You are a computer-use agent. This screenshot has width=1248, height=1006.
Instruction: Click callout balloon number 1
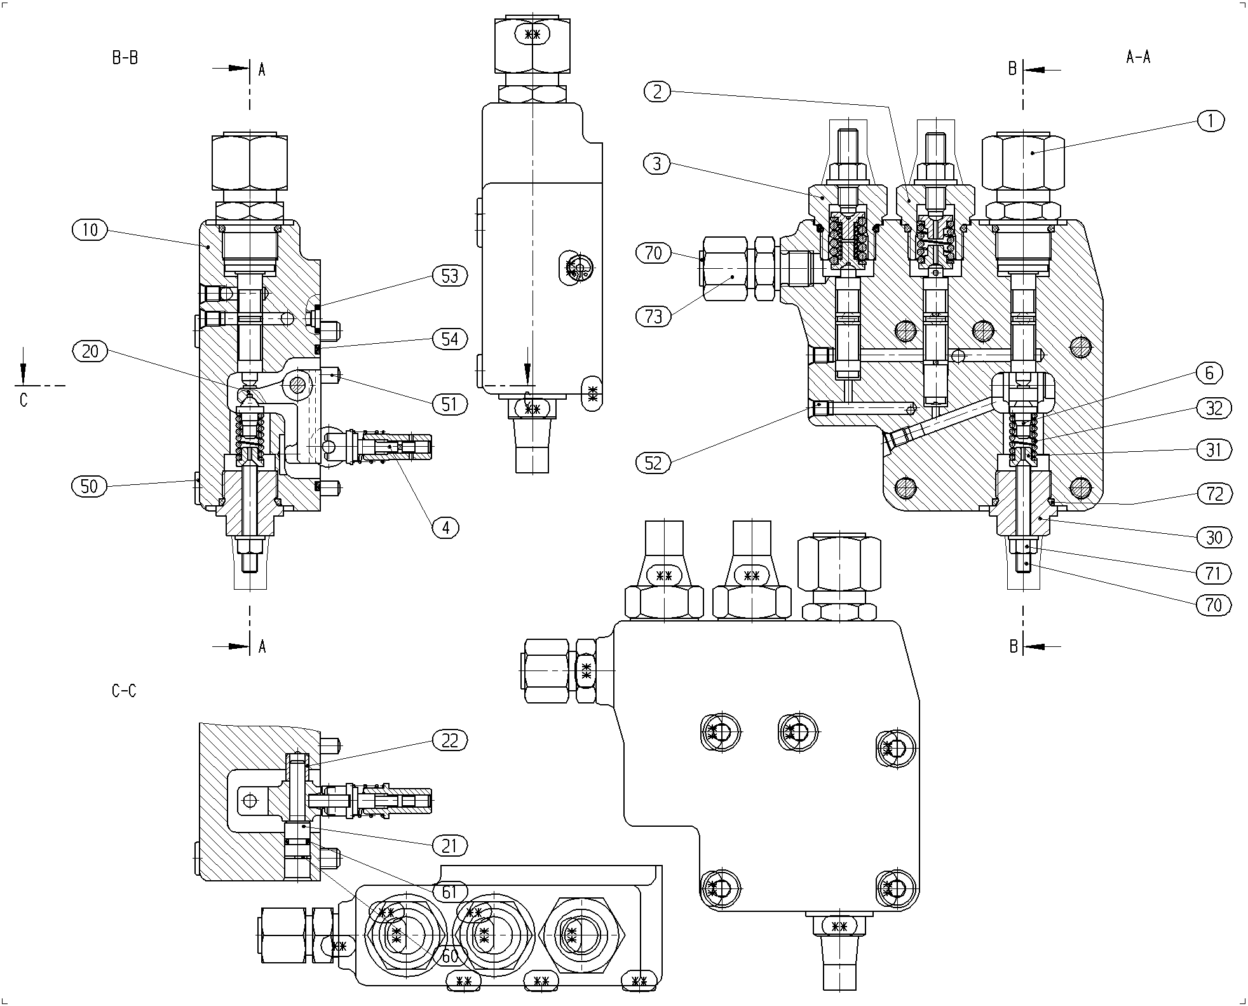(1211, 121)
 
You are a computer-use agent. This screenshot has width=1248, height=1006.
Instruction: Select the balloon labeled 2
(657, 92)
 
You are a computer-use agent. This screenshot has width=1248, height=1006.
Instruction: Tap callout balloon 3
(657, 164)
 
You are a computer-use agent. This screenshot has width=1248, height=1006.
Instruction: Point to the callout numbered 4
(446, 527)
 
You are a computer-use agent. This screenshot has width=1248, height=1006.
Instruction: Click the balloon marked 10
(90, 229)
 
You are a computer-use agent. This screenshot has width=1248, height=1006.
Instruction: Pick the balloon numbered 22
(450, 740)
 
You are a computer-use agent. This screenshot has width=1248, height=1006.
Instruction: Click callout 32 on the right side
(1214, 409)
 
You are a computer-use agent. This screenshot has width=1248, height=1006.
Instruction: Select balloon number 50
(90, 487)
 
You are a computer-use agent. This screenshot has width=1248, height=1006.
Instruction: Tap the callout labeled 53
(450, 276)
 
